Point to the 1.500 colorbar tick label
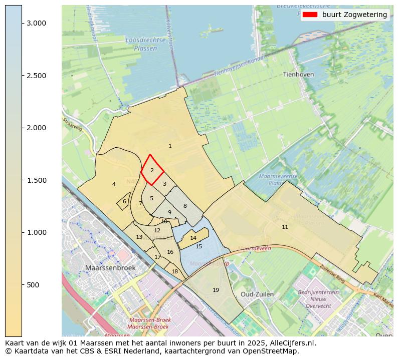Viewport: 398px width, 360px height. coord(37,180)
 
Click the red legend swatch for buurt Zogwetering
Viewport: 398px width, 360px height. coord(310,15)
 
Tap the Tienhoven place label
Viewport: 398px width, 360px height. coord(298,74)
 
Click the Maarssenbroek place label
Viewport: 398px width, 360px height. coord(110,268)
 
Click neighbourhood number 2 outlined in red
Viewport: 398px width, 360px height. coord(152,171)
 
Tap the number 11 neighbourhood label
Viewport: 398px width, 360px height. coord(285,227)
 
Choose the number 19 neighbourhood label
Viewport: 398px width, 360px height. coord(216,290)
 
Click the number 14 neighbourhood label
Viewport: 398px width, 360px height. coord(193,238)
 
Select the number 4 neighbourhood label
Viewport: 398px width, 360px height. coord(114,184)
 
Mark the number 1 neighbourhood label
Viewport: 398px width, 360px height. coord(170,146)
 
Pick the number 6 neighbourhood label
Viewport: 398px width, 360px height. coord(124,201)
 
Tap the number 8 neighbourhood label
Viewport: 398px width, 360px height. coord(185,206)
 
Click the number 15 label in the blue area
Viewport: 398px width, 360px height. coord(199,246)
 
